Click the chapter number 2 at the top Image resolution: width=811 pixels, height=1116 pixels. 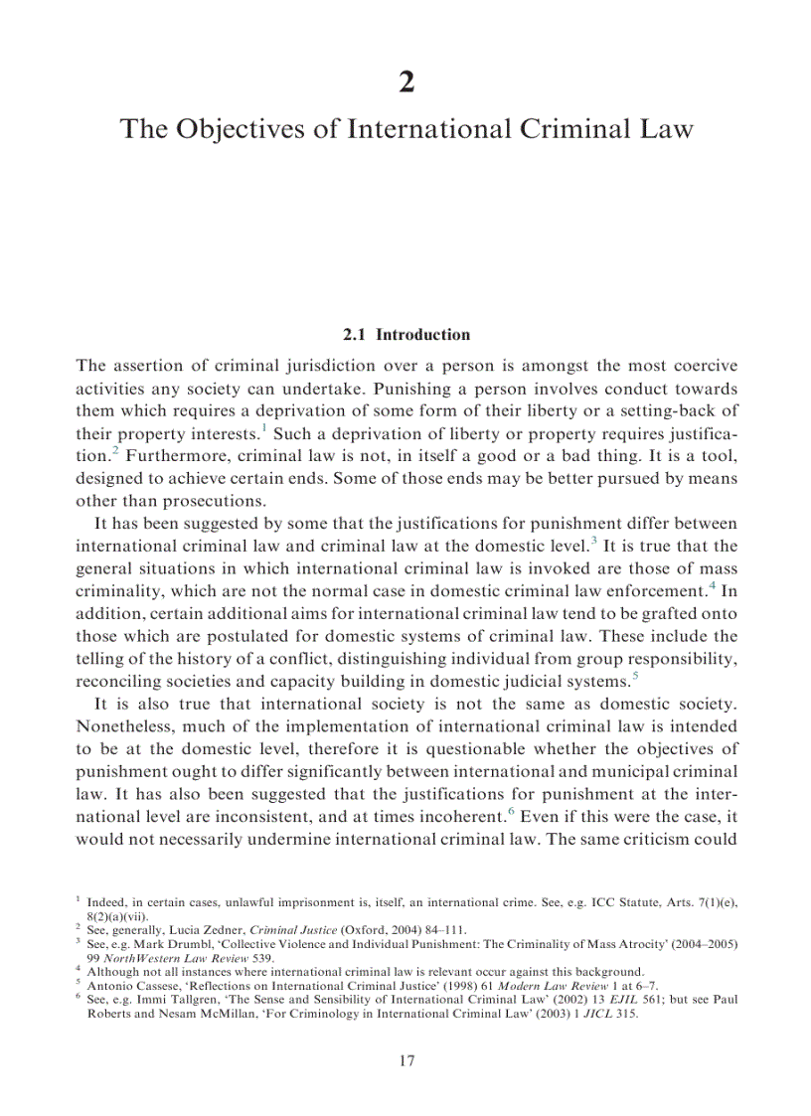tap(405, 82)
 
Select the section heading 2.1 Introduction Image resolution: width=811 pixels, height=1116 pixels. tap(405, 335)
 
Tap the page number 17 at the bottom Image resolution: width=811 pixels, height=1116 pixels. tap(405, 1061)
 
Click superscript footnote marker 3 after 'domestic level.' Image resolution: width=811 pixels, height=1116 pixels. tap(593, 540)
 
